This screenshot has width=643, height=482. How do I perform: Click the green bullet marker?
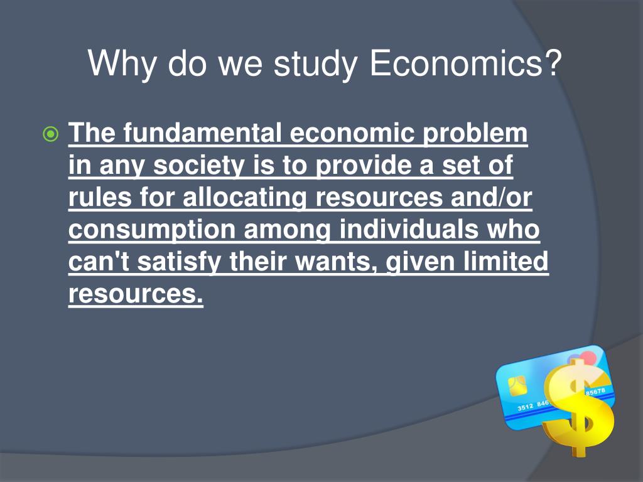(50, 134)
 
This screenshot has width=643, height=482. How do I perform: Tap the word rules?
(99, 198)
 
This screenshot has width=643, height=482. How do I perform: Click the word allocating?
(244, 198)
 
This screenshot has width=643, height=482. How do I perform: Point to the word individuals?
(410, 230)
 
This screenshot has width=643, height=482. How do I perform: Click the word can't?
(99, 262)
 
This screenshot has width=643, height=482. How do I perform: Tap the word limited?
(509, 262)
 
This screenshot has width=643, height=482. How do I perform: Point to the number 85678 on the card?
(595, 392)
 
